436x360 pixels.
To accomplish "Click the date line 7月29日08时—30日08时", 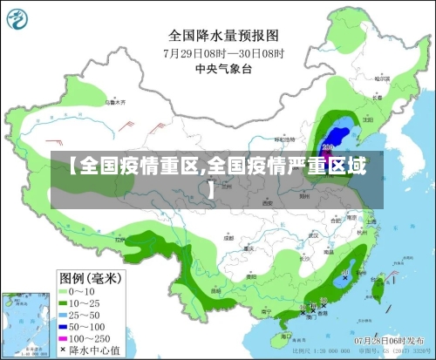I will (x=223, y=52).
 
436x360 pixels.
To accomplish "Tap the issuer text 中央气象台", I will (x=223, y=67).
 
